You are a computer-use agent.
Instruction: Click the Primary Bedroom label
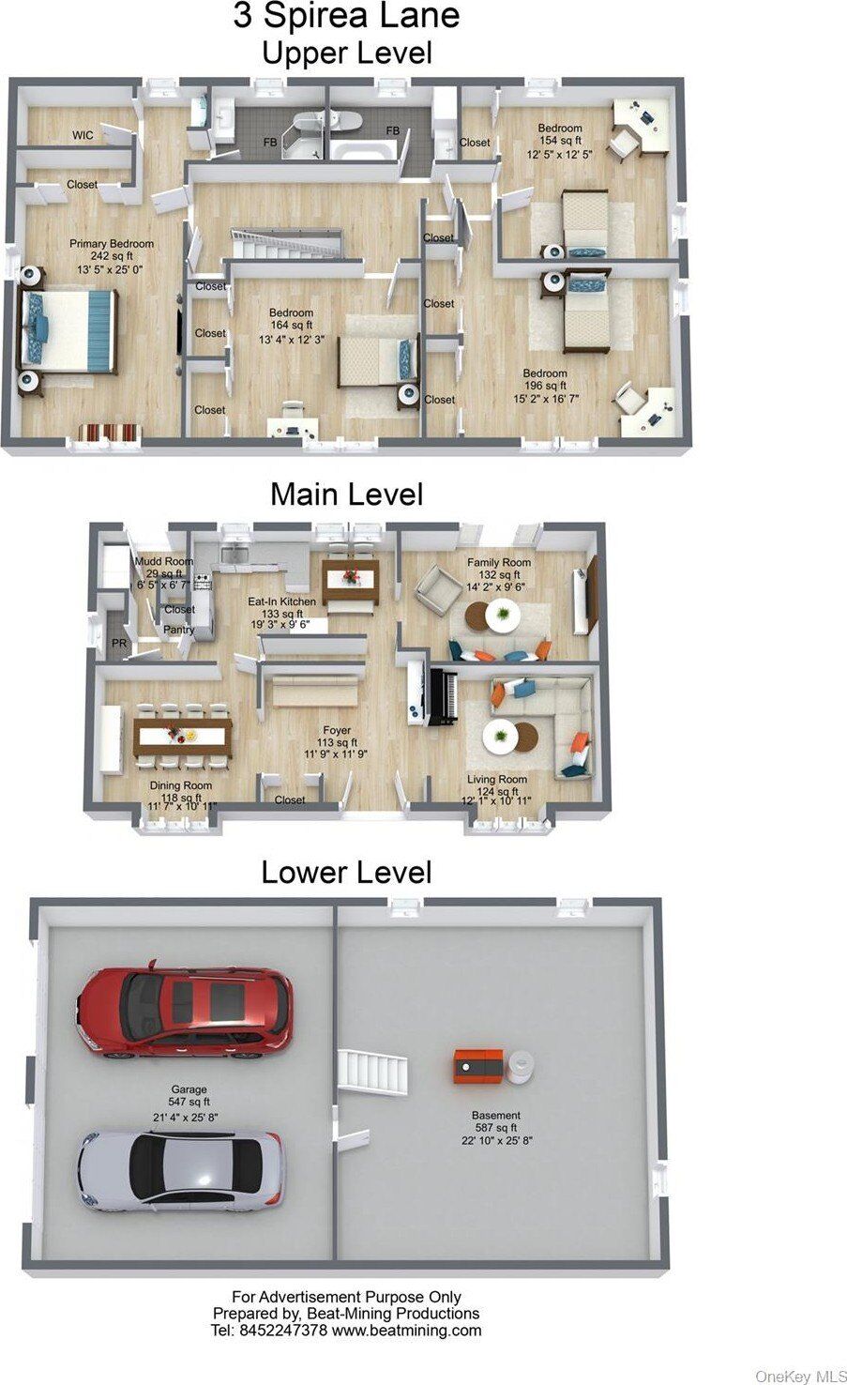(112, 244)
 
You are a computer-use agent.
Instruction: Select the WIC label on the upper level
(83, 135)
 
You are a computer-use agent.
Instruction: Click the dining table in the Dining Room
(183, 736)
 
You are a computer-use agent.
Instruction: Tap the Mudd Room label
(164, 561)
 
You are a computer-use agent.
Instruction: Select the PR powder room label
(119, 644)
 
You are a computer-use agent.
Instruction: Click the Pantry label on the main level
(178, 630)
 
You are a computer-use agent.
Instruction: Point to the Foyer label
(337, 730)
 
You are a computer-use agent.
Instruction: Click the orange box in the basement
(479, 1066)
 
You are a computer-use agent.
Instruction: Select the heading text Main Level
(347, 494)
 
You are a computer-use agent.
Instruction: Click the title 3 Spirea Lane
(346, 15)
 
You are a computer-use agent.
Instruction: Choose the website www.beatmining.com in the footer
(406, 1331)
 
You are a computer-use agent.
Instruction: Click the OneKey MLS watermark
(801, 1376)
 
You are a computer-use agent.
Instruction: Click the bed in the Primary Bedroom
(68, 331)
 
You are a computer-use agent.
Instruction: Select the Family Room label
(499, 563)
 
